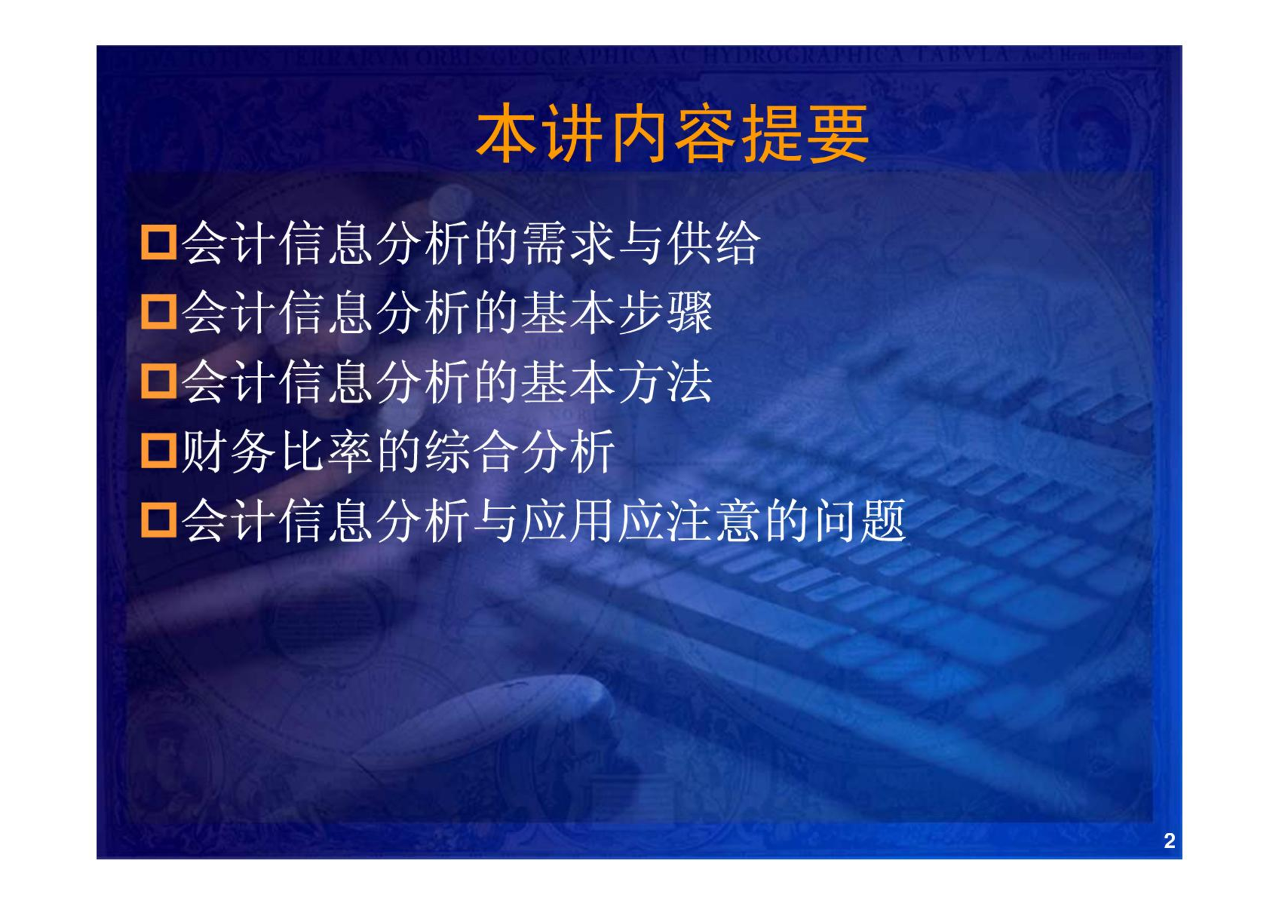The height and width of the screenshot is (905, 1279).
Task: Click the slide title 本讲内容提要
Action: click(x=672, y=134)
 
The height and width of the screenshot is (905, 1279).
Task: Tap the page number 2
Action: click(x=1169, y=841)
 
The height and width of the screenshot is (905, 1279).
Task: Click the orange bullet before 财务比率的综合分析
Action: click(x=158, y=451)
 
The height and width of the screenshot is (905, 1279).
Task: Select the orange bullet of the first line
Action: click(x=158, y=243)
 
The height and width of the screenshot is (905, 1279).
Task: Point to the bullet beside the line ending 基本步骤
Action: click(x=158, y=312)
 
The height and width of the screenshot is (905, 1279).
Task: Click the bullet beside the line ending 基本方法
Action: click(x=158, y=382)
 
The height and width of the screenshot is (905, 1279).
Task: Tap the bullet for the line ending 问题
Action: click(x=158, y=521)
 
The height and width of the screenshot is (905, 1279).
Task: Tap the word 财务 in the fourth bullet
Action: click(x=228, y=451)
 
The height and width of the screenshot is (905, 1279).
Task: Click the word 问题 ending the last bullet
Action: click(x=859, y=521)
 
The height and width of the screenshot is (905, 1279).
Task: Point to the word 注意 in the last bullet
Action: click(x=714, y=521)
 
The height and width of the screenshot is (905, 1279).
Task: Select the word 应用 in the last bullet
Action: click(x=569, y=521)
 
